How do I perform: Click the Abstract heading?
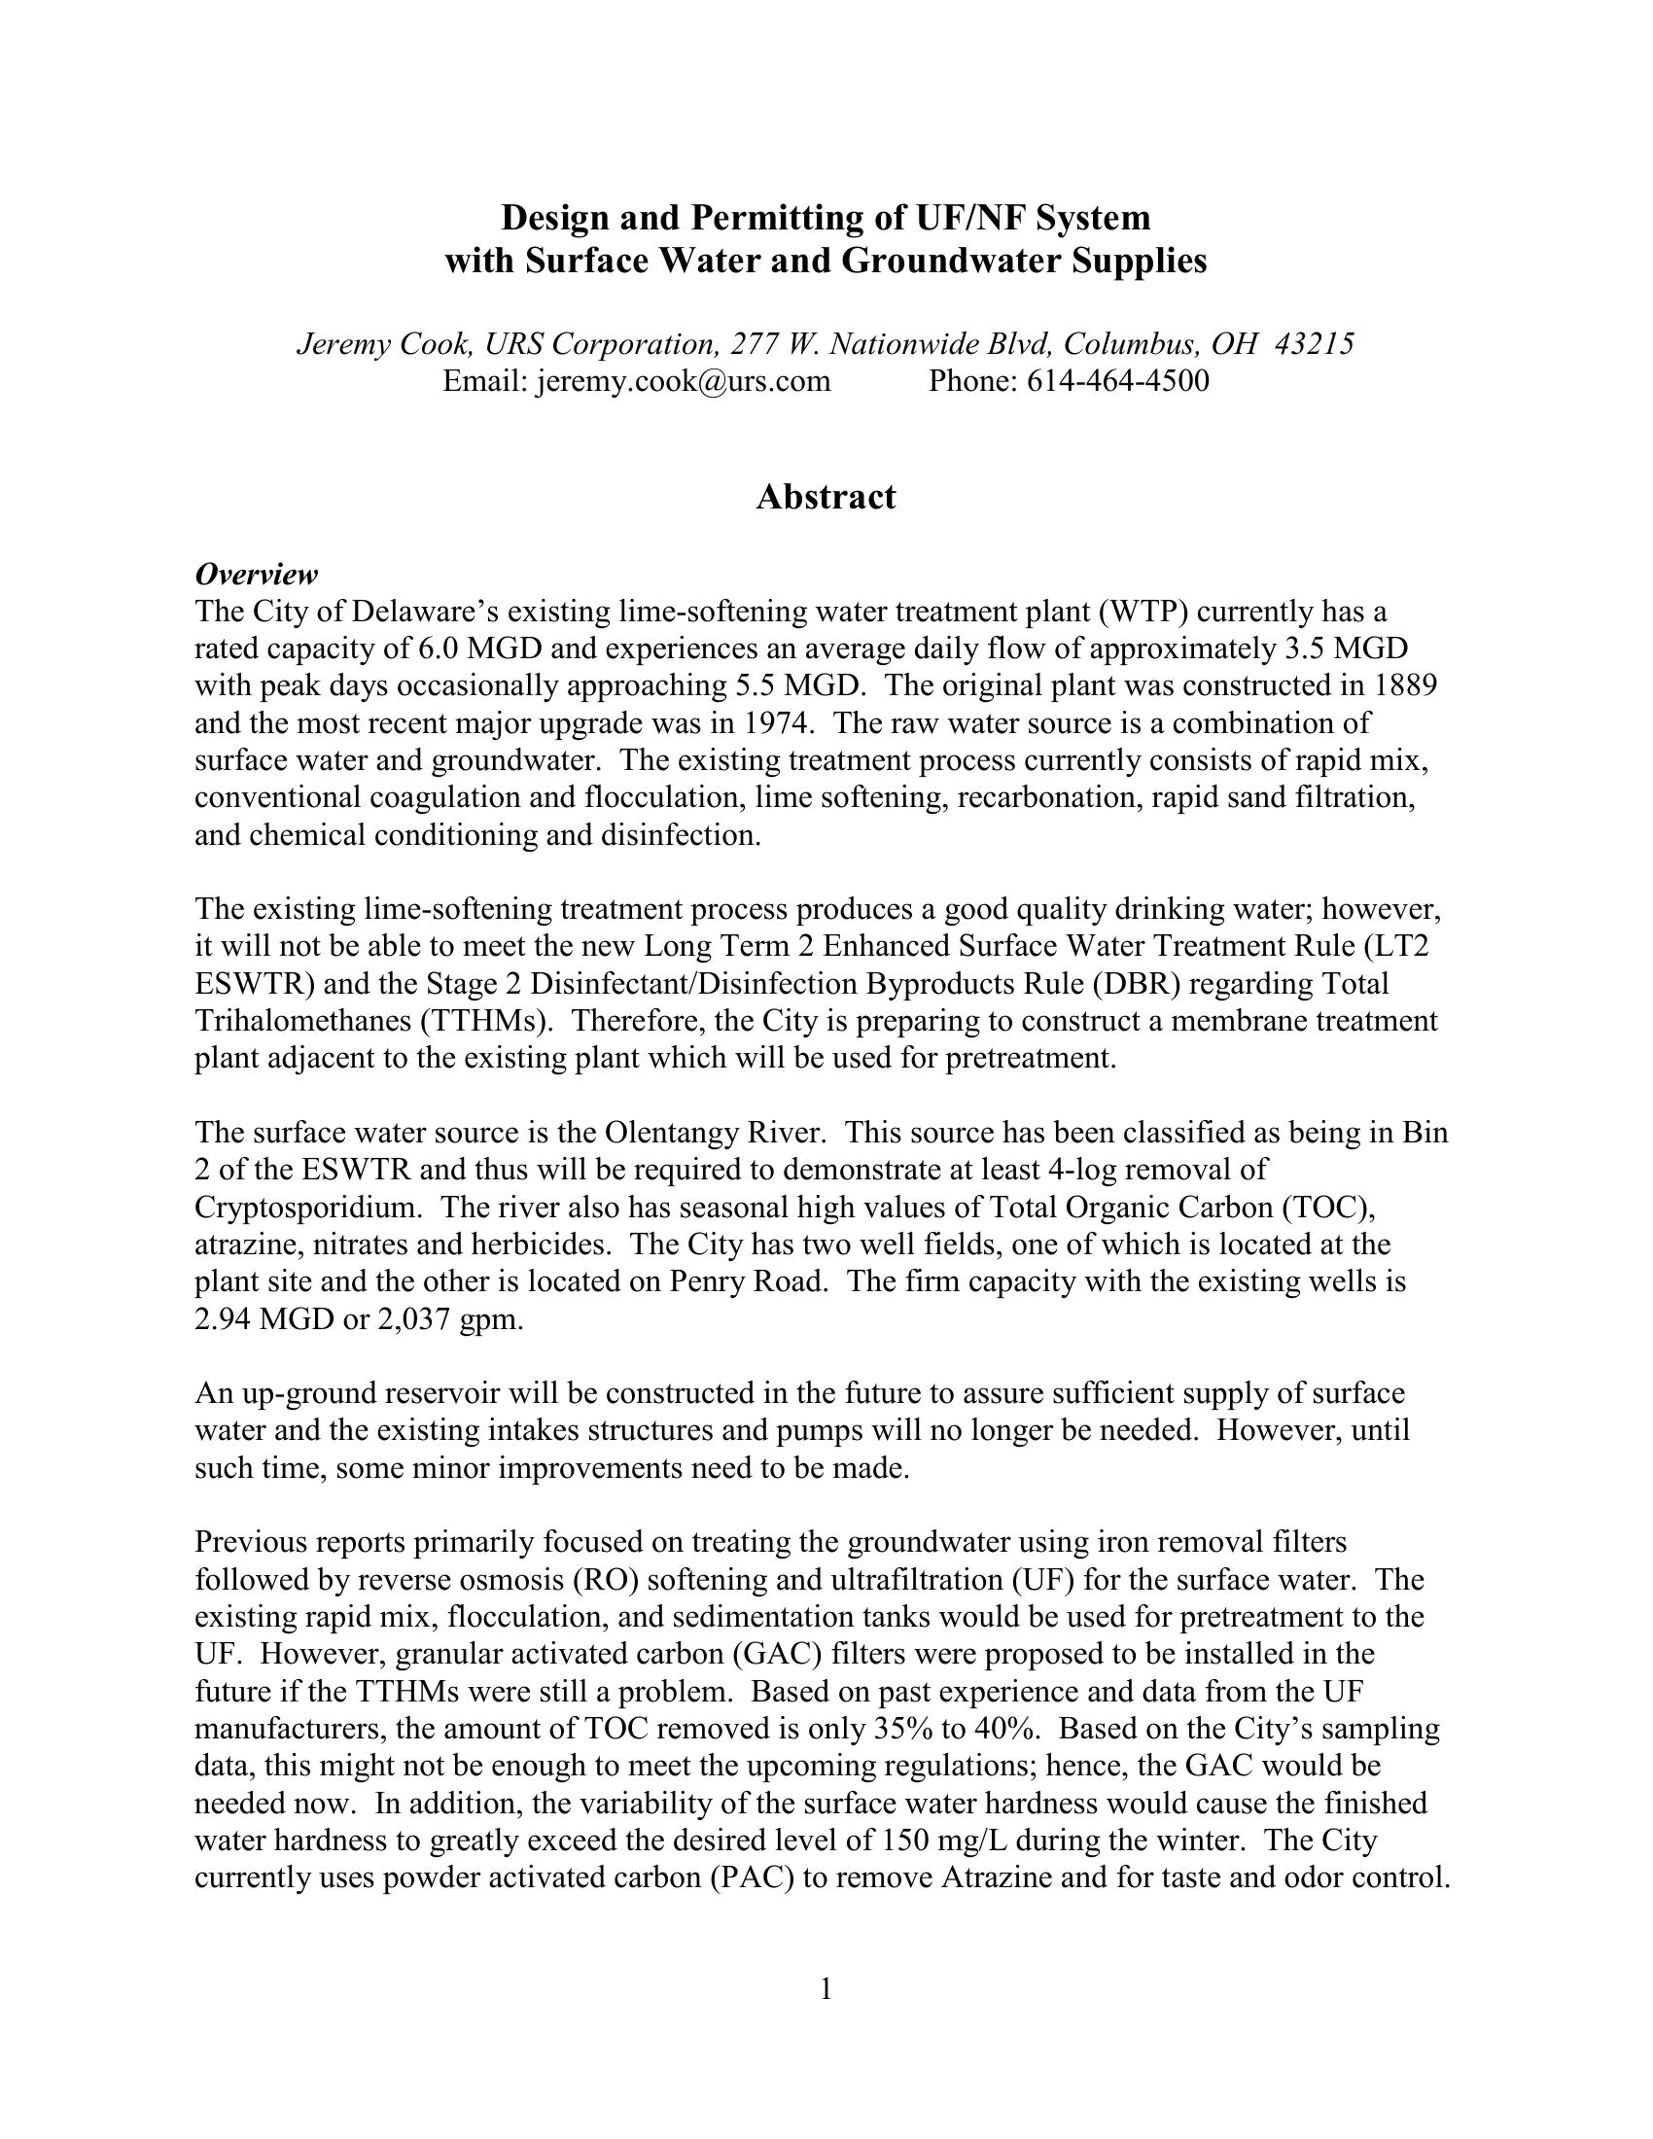coord(826,498)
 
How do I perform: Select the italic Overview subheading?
coord(257,574)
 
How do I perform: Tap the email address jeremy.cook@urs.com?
coord(683,380)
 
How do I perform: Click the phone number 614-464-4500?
coord(1117,380)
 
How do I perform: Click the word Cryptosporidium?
coord(308,1207)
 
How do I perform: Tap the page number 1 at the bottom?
coord(826,1988)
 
